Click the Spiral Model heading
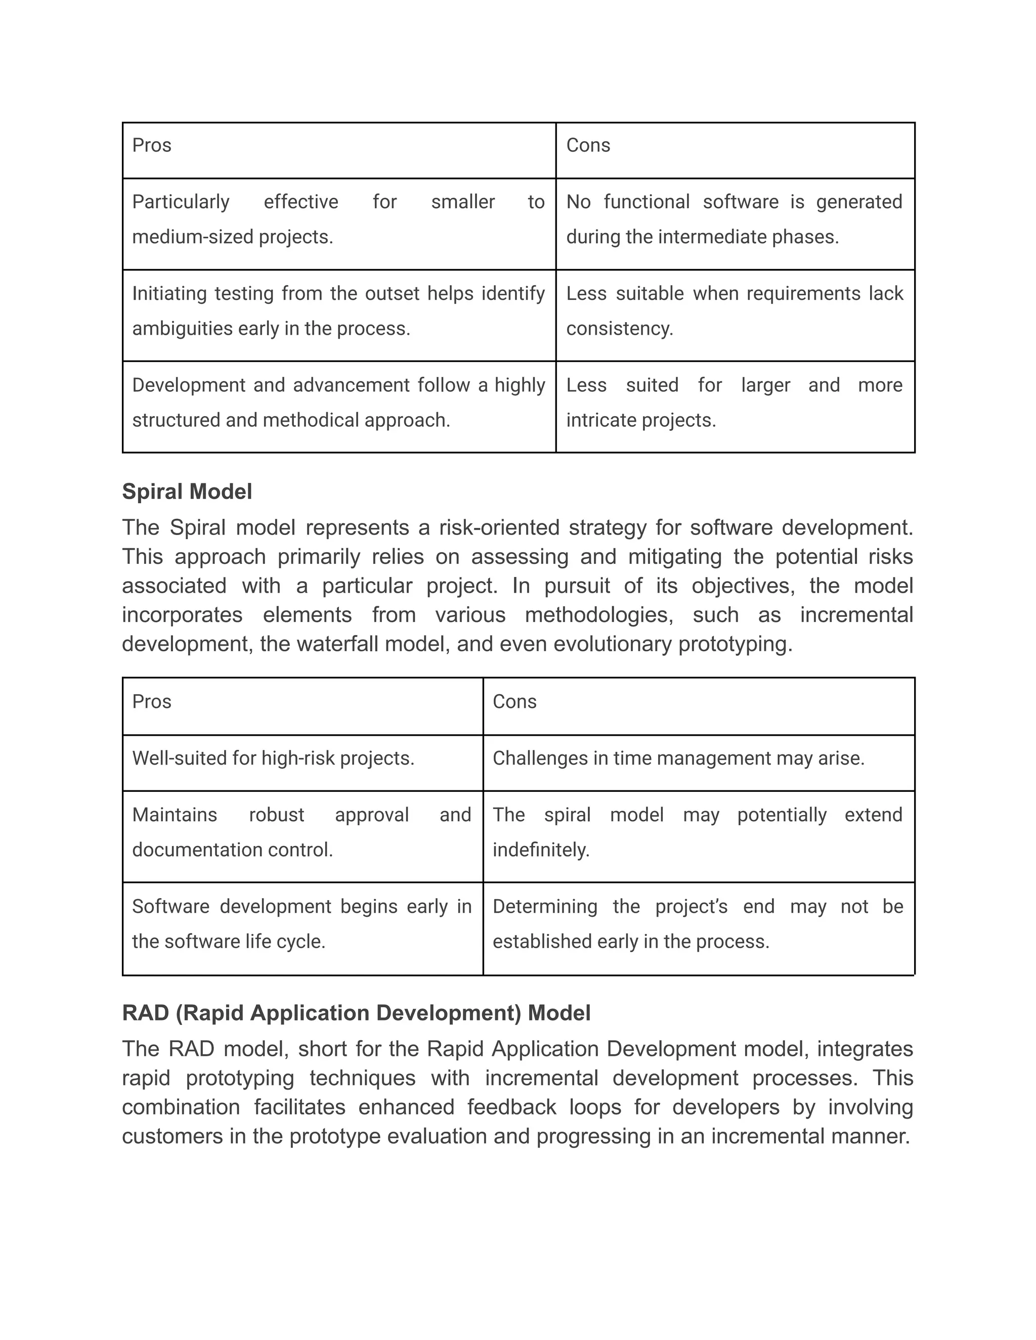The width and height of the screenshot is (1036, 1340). [x=187, y=492]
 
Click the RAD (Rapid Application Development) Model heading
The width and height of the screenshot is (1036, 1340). [x=356, y=1013]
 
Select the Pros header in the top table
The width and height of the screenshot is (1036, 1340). [x=152, y=146]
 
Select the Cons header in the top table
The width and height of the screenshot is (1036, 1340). [x=588, y=146]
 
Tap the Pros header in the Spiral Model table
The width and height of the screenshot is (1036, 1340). [x=152, y=701]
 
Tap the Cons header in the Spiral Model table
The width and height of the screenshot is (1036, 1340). [x=514, y=701]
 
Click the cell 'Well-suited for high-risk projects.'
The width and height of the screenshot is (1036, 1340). [x=273, y=758]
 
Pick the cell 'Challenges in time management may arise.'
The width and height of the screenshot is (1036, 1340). [x=678, y=758]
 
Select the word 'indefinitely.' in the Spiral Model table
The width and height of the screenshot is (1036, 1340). [x=541, y=850]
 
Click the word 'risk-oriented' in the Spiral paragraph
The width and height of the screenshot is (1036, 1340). [x=504, y=527]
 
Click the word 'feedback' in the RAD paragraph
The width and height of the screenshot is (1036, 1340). [x=511, y=1107]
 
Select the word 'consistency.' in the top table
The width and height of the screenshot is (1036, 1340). [x=619, y=329]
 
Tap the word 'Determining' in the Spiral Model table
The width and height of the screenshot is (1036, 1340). [x=545, y=907]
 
